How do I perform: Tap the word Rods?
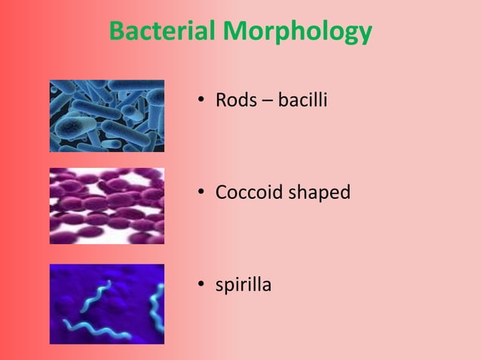tap(236, 99)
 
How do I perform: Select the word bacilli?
tap(302, 99)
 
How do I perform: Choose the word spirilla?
tap(244, 286)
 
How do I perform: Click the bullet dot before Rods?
tap(201, 100)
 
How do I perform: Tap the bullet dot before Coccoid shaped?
tap(201, 194)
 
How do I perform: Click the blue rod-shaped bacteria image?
tap(106, 116)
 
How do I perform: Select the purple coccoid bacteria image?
tap(106, 206)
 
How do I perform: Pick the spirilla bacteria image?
tap(106, 304)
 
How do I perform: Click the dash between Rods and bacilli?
tap(267, 101)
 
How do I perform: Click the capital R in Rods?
tap(221, 99)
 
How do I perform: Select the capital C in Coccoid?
tap(221, 193)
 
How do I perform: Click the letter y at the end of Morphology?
tap(365, 35)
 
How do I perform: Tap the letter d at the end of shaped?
tap(345, 193)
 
